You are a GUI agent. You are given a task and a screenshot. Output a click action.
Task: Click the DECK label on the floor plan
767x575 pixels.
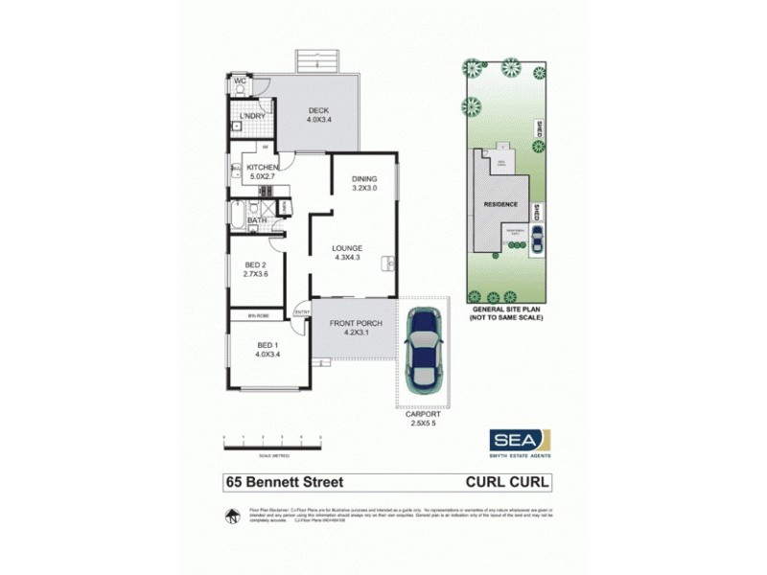coord(319,110)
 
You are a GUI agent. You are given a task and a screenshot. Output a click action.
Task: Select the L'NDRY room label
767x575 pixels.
coord(251,117)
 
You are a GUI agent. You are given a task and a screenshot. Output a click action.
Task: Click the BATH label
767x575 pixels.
coord(257,220)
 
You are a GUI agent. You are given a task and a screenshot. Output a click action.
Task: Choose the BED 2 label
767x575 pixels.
coord(254,265)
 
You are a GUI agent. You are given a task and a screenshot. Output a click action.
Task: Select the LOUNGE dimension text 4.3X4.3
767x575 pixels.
coord(347,257)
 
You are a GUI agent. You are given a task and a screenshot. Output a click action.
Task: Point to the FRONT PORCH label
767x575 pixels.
coord(356,324)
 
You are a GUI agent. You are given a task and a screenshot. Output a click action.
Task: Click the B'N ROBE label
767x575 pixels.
coord(258,314)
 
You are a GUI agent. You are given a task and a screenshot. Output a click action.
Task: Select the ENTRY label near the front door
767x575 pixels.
coord(301,312)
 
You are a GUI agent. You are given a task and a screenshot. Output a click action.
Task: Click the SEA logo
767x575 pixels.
coord(519,439)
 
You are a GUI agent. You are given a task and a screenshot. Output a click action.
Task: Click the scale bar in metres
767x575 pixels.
coord(273,442)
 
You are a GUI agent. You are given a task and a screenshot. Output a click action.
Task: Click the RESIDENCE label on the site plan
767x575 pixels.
coord(500,205)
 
